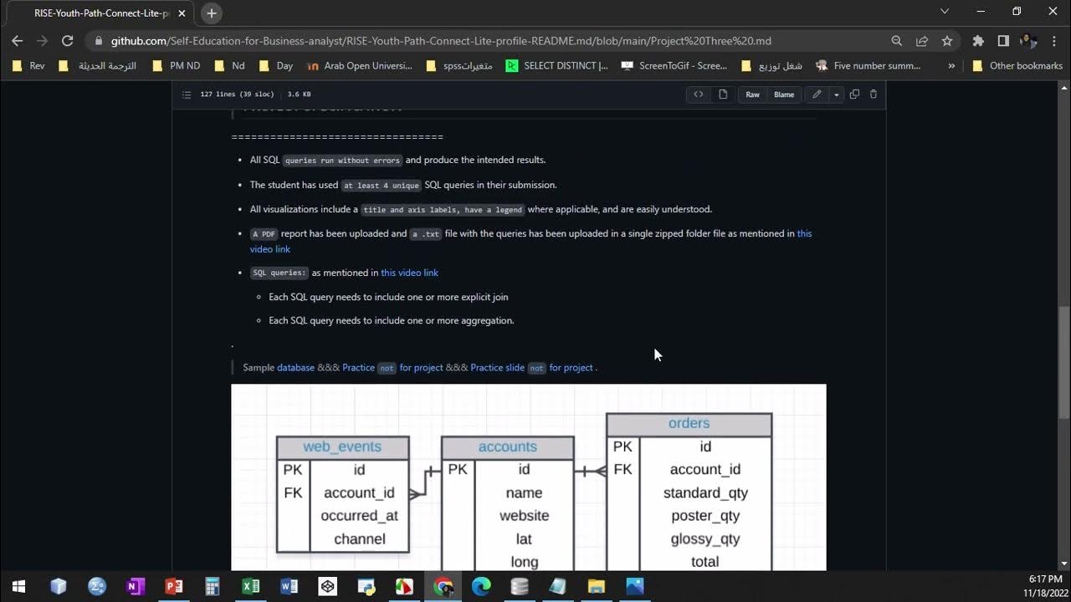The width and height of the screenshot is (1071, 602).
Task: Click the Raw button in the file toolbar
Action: (x=752, y=94)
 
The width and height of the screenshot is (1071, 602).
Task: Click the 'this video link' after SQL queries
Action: (x=409, y=273)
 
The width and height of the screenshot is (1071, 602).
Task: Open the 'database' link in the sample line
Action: (x=295, y=367)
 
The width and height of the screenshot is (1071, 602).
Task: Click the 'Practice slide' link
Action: (x=497, y=367)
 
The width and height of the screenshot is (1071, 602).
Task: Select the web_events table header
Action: (x=342, y=446)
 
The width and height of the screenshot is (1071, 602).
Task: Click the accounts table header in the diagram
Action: (x=507, y=446)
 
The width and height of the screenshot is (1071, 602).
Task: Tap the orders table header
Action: (x=689, y=424)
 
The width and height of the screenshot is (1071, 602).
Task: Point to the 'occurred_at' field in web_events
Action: (x=359, y=516)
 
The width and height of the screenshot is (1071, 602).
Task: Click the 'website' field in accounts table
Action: (x=524, y=516)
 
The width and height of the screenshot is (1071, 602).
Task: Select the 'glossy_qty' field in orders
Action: (x=705, y=538)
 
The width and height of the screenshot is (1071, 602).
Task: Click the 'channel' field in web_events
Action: (x=359, y=539)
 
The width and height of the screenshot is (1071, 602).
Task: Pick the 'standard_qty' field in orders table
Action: (x=705, y=493)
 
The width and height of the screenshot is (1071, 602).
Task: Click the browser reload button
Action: (x=68, y=40)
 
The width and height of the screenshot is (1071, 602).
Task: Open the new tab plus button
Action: (x=212, y=13)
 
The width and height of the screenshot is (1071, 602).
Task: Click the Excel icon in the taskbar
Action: (x=250, y=586)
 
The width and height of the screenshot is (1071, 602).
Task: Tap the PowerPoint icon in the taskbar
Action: (x=174, y=586)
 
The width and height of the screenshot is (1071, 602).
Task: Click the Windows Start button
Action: (x=18, y=586)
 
